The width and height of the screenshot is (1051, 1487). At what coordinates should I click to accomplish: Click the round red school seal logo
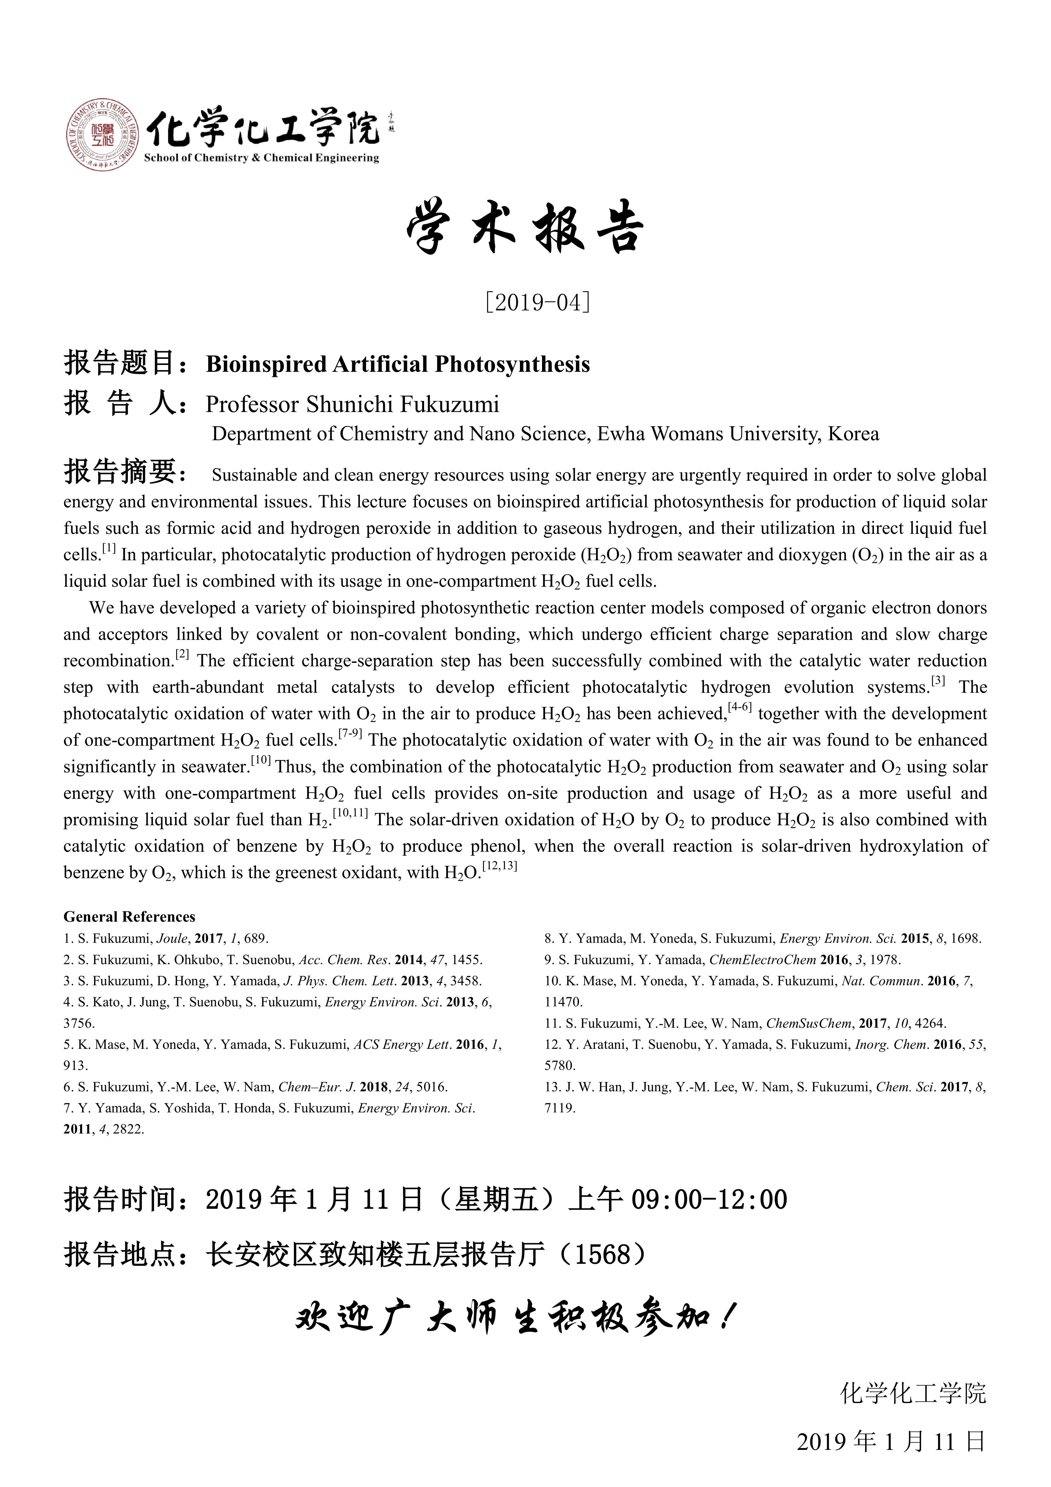(102, 135)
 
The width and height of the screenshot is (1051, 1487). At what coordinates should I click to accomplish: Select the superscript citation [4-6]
(740, 707)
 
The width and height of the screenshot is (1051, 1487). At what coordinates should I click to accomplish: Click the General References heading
(129, 916)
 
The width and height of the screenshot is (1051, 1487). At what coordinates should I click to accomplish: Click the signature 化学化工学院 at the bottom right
(913, 1393)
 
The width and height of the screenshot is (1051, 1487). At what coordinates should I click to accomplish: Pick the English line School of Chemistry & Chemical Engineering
(261, 158)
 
